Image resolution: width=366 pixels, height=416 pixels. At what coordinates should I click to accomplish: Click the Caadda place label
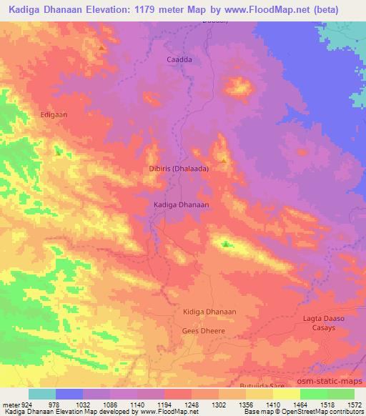pyautogui.click(x=179, y=60)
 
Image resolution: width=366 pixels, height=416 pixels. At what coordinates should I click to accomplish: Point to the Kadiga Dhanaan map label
pyautogui.click(x=181, y=204)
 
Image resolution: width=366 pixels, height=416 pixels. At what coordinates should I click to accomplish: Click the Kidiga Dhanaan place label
pyautogui.click(x=209, y=312)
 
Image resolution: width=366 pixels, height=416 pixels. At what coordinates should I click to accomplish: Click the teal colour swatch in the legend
pyautogui.click(x=41, y=394)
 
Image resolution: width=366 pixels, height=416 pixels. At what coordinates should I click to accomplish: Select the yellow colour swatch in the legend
pyautogui.click(x=287, y=394)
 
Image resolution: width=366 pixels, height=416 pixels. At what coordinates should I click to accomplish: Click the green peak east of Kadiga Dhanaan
pyautogui.click(x=226, y=244)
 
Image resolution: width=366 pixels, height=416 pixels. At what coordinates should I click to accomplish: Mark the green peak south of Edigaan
pyautogui.click(x=58, y=152)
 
